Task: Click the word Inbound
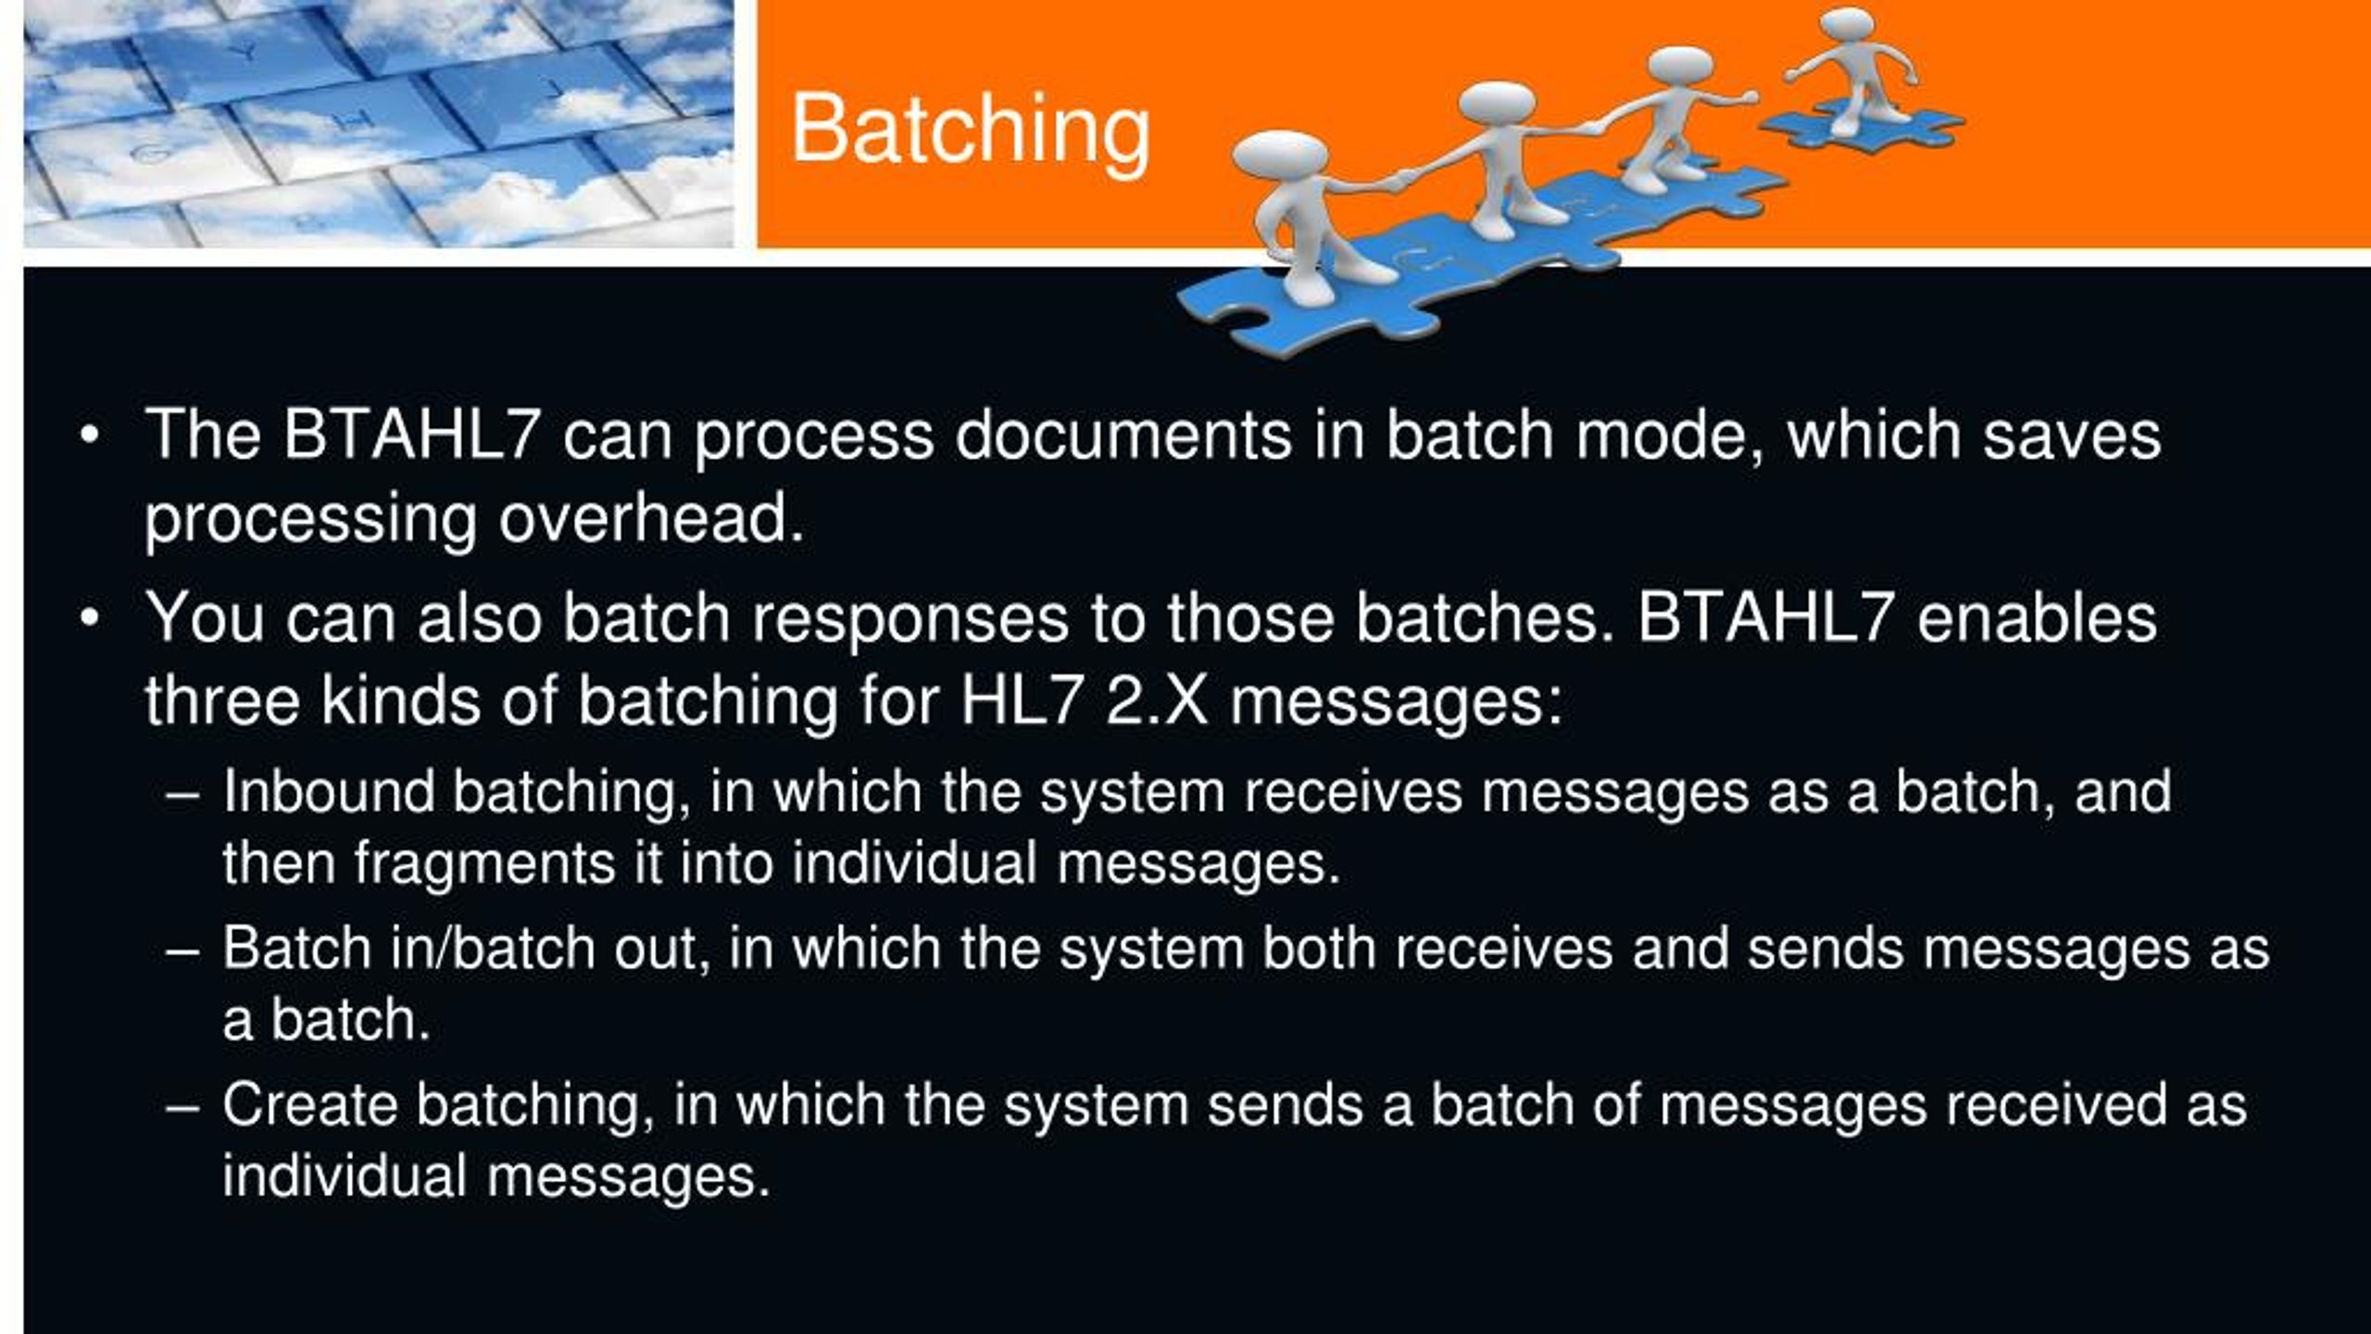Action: [x=328, y=791]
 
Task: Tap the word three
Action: [x=222, y=700]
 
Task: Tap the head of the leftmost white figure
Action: [x=1279, y=156]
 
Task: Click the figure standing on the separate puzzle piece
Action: [x=1851, y=70]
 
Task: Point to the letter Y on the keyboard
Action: [x=246, y=53]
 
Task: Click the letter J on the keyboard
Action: [x=554, y=90]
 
